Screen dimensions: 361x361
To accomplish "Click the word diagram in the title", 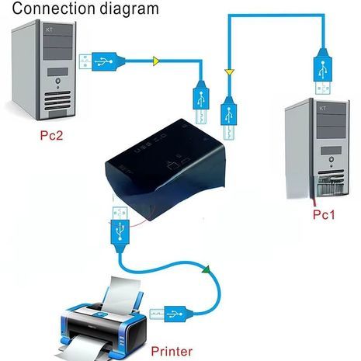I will (133, 10).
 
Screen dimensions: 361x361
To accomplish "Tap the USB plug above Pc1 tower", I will (322, 66).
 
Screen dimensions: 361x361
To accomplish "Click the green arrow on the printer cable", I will (207, 270).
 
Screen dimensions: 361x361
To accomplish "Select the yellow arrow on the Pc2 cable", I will (156, 59).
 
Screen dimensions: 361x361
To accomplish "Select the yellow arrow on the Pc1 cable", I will (228, 72).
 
